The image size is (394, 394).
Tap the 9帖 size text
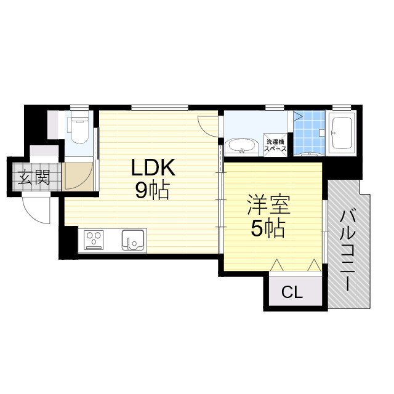point(152,191)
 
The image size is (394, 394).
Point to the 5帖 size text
point(267,229)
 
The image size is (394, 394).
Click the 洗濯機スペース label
point(274,144)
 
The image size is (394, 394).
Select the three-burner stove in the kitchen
point(94,239)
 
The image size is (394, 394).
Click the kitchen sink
point(132,239)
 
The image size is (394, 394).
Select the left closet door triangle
point(277,265)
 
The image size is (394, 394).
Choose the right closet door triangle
point(314,265)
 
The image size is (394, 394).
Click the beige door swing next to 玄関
point(78,177)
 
